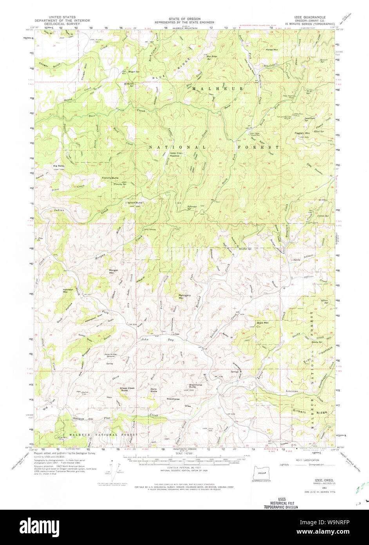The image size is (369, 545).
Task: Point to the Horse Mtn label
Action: click(x=271, y=50)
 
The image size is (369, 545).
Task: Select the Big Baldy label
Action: click(x=59, y=166)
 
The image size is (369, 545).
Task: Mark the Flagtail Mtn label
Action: click(x=302, y=133)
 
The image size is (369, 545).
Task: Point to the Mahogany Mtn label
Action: click(x=181, y=296)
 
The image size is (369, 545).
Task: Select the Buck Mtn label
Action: click(x=262, y=323)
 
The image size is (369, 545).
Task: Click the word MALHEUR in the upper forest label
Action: click(x=217, y=89)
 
